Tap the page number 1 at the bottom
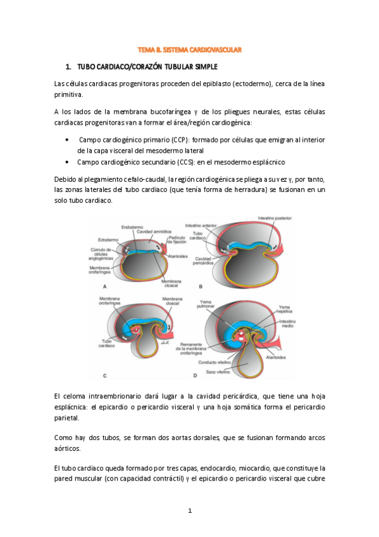click(x=189, y=510)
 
